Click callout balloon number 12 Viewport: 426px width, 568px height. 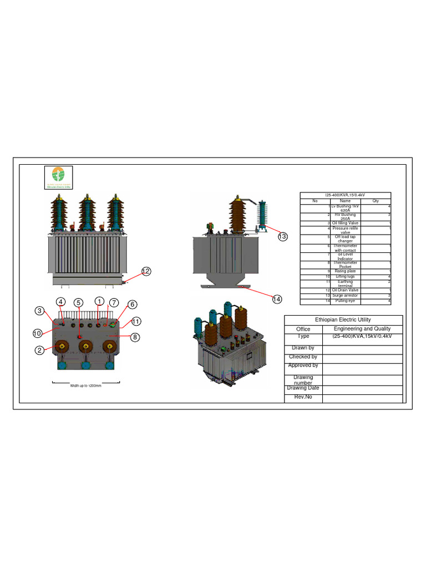[146, 271]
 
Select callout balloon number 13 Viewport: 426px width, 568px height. [283, 237]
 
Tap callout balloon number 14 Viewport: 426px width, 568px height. [277, 299]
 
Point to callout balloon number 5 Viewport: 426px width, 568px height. [79, 303]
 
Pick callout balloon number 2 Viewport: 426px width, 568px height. [40, 350]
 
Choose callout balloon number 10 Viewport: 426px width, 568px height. [37, 333]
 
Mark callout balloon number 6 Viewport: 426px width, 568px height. [132, 304]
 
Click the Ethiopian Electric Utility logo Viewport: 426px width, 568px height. [59, 178]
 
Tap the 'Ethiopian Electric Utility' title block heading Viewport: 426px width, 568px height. [343, 320]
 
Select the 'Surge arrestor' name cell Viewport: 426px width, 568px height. [345, 296]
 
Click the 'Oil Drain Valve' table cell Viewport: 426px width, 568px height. [345, 290]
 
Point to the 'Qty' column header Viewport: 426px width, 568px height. [376, 201]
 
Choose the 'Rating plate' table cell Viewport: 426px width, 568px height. [345, 271]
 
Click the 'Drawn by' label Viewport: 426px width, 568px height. [303, 348]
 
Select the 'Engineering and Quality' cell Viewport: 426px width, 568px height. [362, 329]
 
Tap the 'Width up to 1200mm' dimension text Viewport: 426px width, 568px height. [85, 386]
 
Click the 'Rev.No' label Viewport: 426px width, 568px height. [303, 398]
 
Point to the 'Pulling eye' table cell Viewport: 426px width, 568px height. [345, 301]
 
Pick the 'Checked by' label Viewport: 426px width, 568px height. [303, 357]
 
